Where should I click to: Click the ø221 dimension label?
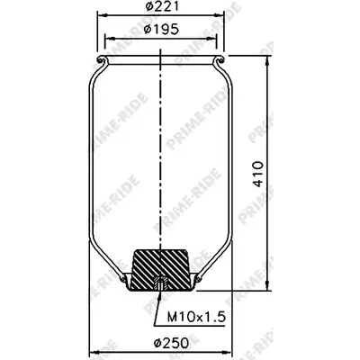[x=162, y=6]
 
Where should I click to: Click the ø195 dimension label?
[x=161, y=29]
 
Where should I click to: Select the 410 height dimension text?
[x=257, y=174]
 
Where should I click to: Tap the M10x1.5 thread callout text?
[x=196, y=317]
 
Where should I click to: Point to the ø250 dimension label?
[x=172, y=343]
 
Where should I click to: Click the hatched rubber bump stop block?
[x=161, y=270]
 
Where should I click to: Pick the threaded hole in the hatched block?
[x=161, y=283]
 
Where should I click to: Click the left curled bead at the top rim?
[x=102, y=59]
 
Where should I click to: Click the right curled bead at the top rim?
[x=220, y=59]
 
